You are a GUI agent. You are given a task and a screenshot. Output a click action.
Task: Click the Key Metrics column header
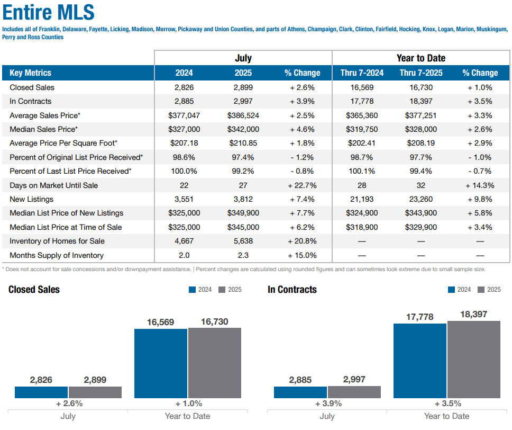[x=30, y=73]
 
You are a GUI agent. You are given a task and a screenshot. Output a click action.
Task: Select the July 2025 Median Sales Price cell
[x=243, y=129]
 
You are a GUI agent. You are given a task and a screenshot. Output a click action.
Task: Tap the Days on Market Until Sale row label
[x=53, y=185]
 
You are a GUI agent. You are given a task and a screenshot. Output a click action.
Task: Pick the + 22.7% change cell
[x=302, y=185]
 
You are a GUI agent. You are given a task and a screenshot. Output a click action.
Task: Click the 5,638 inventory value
[x=243, y=241]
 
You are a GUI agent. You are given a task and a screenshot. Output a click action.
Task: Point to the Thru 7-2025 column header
[x=421, y=73]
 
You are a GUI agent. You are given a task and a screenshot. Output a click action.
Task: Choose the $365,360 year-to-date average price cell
[x=362, y=115]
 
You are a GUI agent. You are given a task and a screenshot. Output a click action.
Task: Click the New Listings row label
[x=31, y=199]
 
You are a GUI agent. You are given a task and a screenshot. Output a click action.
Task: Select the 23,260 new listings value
[x=421, y=199]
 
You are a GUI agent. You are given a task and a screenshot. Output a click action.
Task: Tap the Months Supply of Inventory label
[x=57, y=255]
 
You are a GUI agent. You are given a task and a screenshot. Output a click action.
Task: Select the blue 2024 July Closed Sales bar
[x=41, y=392]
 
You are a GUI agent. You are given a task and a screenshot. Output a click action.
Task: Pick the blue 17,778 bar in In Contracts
[x=420, y=361]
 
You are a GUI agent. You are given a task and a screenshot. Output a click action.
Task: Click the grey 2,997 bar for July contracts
[x=354, y=392]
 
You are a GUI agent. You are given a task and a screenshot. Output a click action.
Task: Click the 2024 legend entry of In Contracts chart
[x=460, y=290]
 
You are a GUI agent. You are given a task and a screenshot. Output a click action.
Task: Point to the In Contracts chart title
[x=292, y=290]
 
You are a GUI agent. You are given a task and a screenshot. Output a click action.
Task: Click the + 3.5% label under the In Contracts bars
[x=447, y=404]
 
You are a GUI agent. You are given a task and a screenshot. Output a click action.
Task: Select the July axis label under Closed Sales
[x=68, y=416]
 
